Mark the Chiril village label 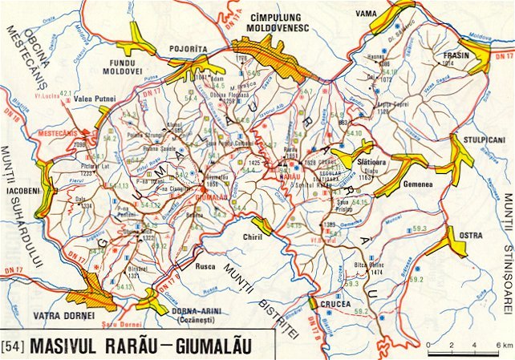[253, 237]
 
